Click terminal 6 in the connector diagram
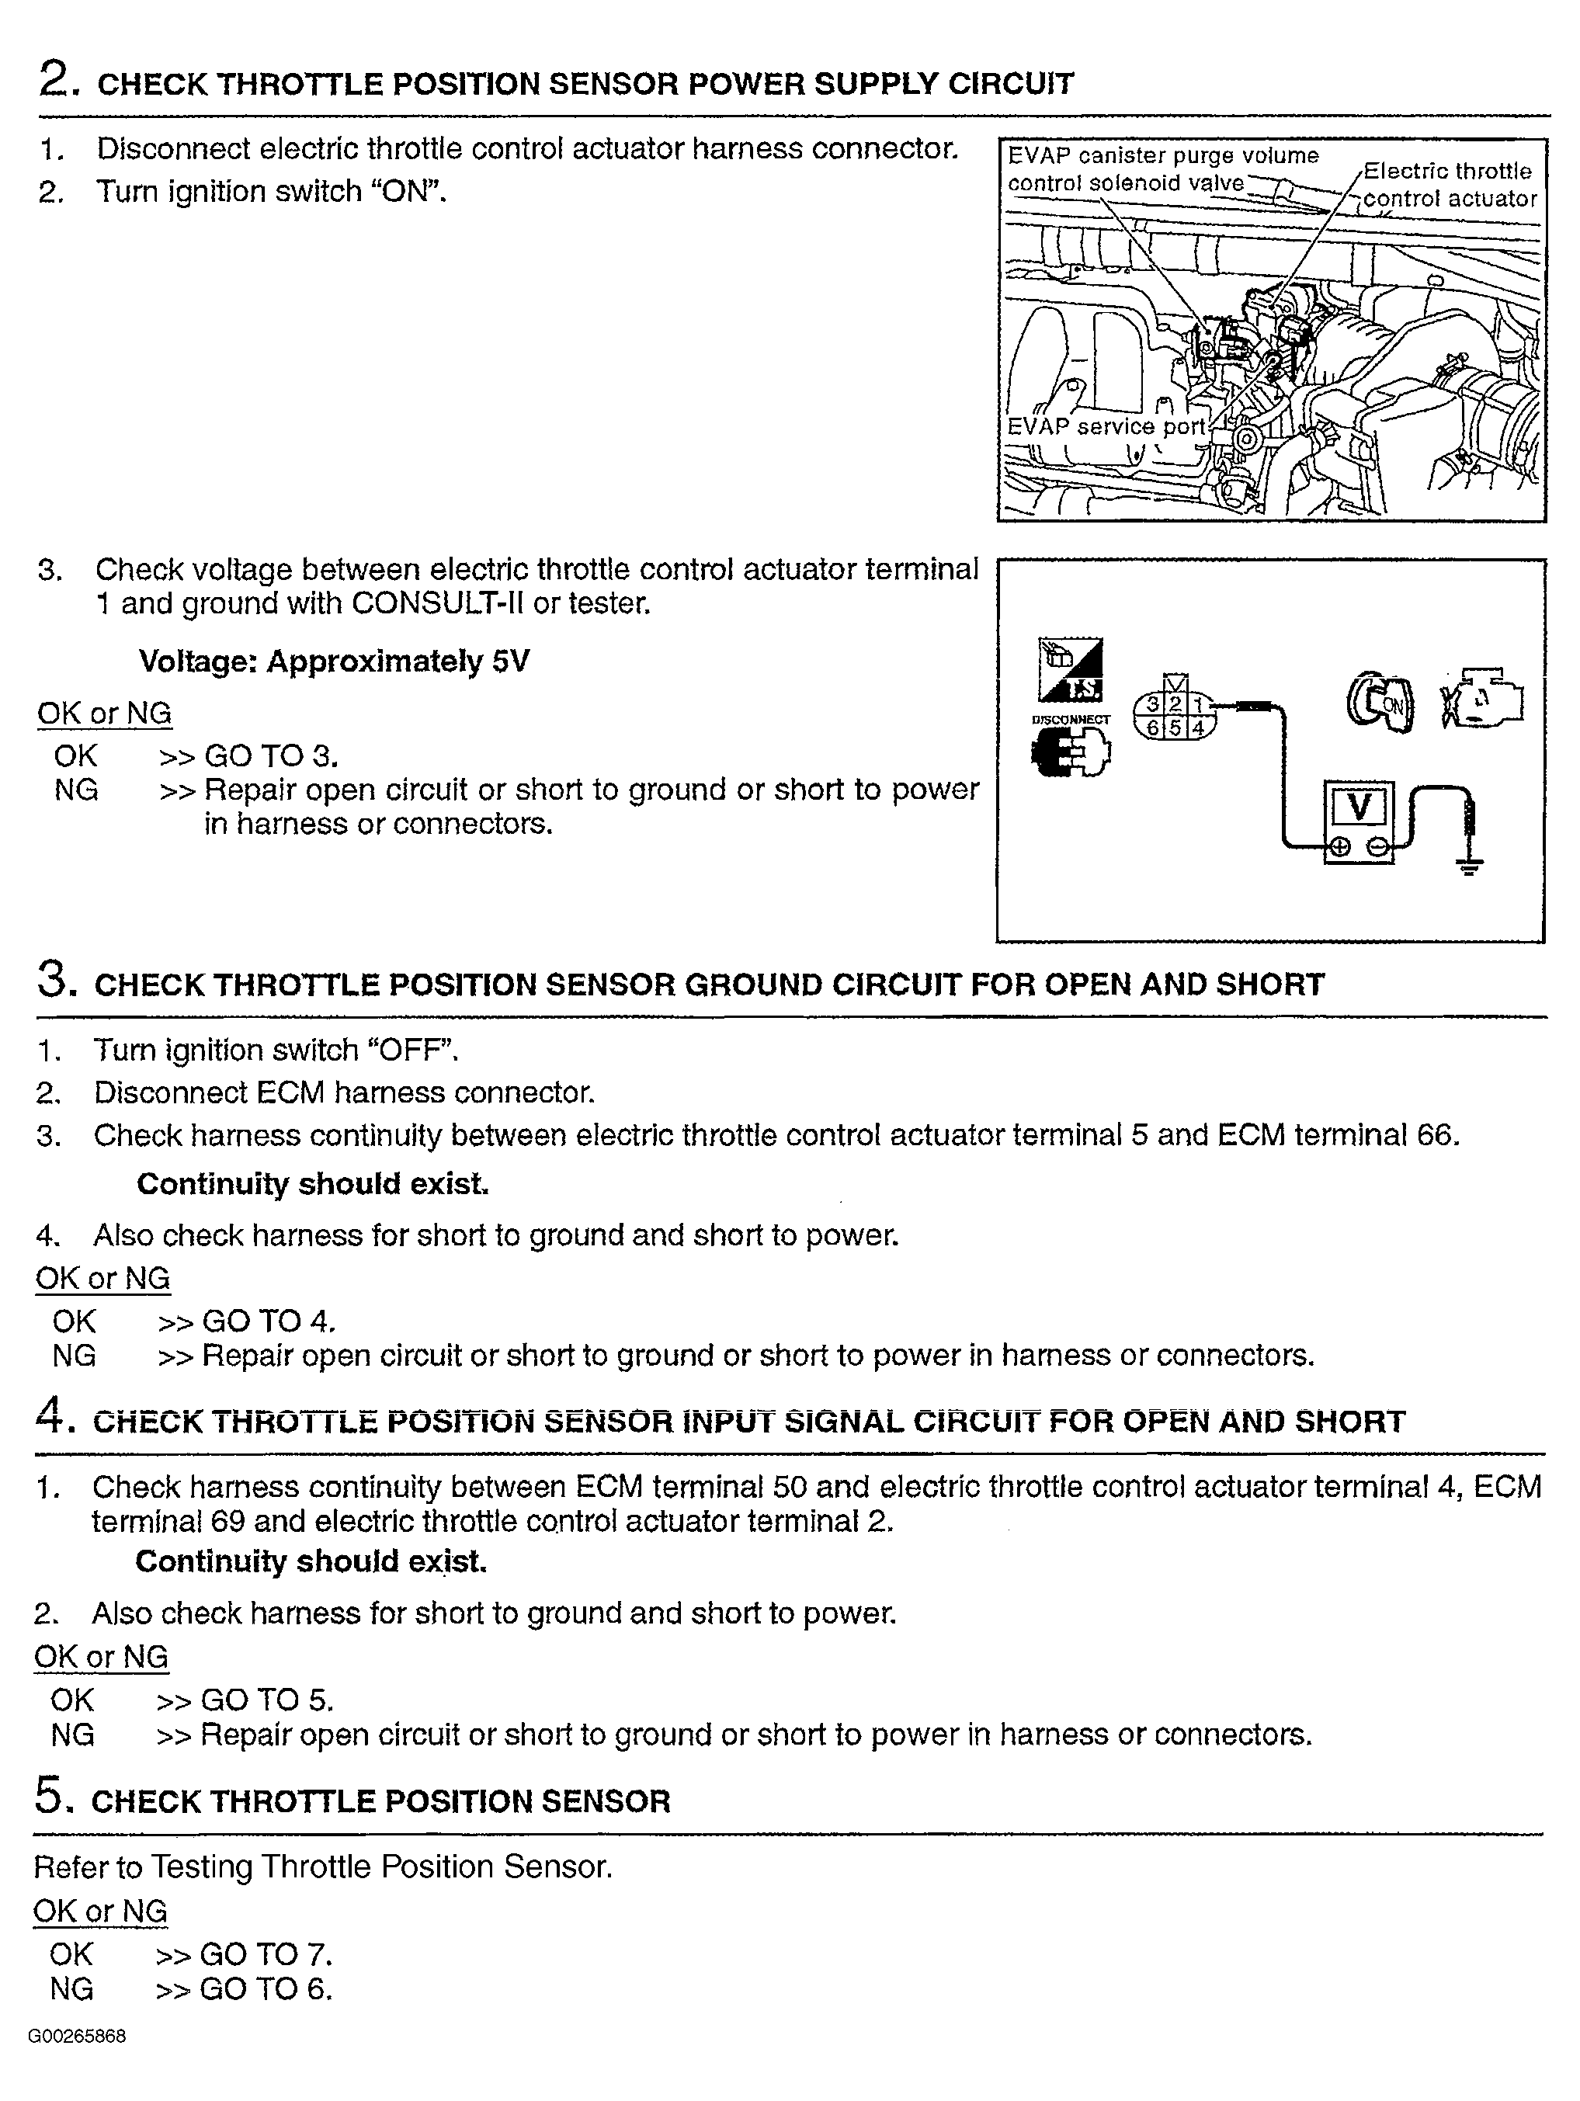[x=1152, y=728]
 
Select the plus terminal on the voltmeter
[x=1339, y=846]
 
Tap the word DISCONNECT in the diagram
[x=1070, y=719]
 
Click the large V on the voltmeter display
[x=1359, y=807]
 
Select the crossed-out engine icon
[x=1481, y=703]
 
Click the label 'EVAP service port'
[x=1105, y=427]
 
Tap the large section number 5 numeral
[x=50, y=1796]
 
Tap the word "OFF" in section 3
[x=417, y=1050]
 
